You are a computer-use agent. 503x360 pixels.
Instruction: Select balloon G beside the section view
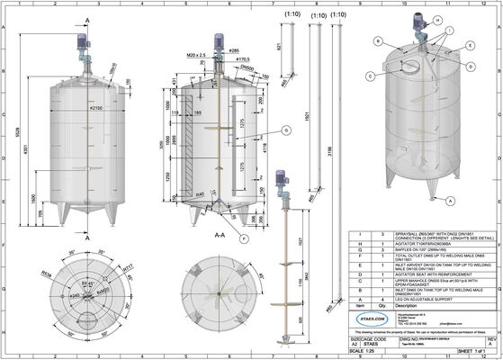pos(285,131)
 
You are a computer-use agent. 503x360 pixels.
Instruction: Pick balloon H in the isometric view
pos(437,19)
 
